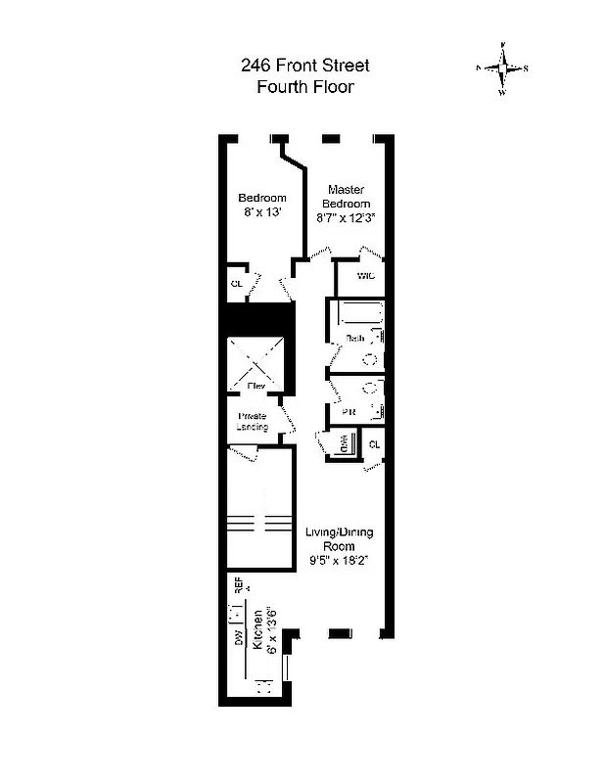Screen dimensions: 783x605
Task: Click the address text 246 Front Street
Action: tap(304, 67)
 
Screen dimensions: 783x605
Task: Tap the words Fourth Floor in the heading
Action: tap(304, 86)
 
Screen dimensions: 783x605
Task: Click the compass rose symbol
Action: tap(502, 69)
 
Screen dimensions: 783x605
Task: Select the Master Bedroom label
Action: tap(347, 196)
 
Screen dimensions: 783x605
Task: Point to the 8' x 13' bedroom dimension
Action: tap(262, 212)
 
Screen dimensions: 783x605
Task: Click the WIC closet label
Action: tap(366, 276)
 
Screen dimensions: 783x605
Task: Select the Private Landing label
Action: tap(253, 422)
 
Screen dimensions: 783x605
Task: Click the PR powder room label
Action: tap(348, 412)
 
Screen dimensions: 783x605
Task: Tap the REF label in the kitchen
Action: tap(238, 585)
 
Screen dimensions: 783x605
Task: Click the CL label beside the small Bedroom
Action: tap(236, 284)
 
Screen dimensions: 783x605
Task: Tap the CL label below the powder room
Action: tap(374, 445)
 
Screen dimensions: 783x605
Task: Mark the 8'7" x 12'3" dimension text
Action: tap(347, 218)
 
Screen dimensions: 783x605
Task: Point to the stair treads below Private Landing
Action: tap(259, 520)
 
